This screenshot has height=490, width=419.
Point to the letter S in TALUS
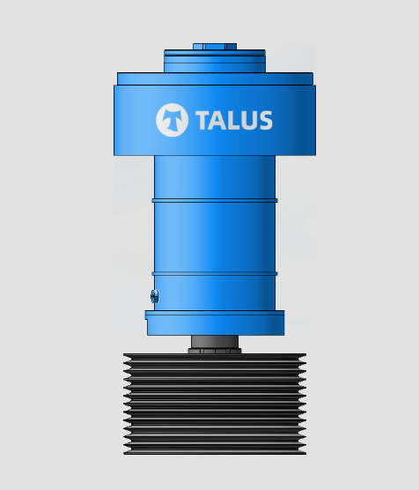click(264, 121)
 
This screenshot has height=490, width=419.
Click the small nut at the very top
click(214, 45)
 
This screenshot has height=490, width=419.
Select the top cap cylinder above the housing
click(214, 61)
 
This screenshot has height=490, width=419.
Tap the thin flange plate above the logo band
click(214, 78)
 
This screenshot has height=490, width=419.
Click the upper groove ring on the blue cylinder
click(214, 200)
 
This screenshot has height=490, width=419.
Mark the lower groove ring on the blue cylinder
click(214, 273)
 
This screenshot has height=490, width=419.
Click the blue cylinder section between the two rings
click(214, 236)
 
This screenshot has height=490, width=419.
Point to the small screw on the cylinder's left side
click(154, 296)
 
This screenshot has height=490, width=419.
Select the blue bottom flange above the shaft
click(214, 323)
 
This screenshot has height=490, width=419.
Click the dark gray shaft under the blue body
click(214, 341)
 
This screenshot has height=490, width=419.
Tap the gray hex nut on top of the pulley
click(214, 351)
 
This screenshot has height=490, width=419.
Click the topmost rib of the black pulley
click(214, 358)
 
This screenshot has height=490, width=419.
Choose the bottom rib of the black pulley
click(214, 450)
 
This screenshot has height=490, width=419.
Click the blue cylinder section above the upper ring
click(214, 176)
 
